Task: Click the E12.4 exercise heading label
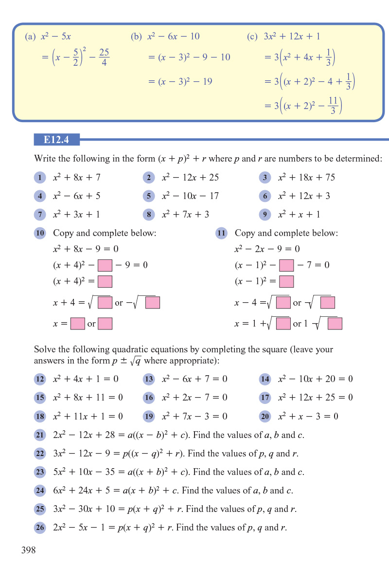pos(56,140)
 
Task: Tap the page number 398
pos(29,550)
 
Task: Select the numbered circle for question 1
pos(40,178)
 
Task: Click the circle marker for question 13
pos(149,379)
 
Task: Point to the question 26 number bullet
pos(40,528)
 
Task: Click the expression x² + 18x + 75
pos(306,178)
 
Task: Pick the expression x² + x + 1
pos(299,215)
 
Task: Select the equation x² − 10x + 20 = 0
pos(315,379)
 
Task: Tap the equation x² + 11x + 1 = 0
pos(88,416)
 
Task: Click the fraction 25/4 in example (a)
pos(104,57)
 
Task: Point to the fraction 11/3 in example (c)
pos(333,106)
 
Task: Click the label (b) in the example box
pos(136,36)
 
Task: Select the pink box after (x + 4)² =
pos(105,282)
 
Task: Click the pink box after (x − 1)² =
pos(286,282)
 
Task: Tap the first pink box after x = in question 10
pos(77,324)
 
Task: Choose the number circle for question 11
pos(221,233)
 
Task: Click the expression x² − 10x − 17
pos(190,196)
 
